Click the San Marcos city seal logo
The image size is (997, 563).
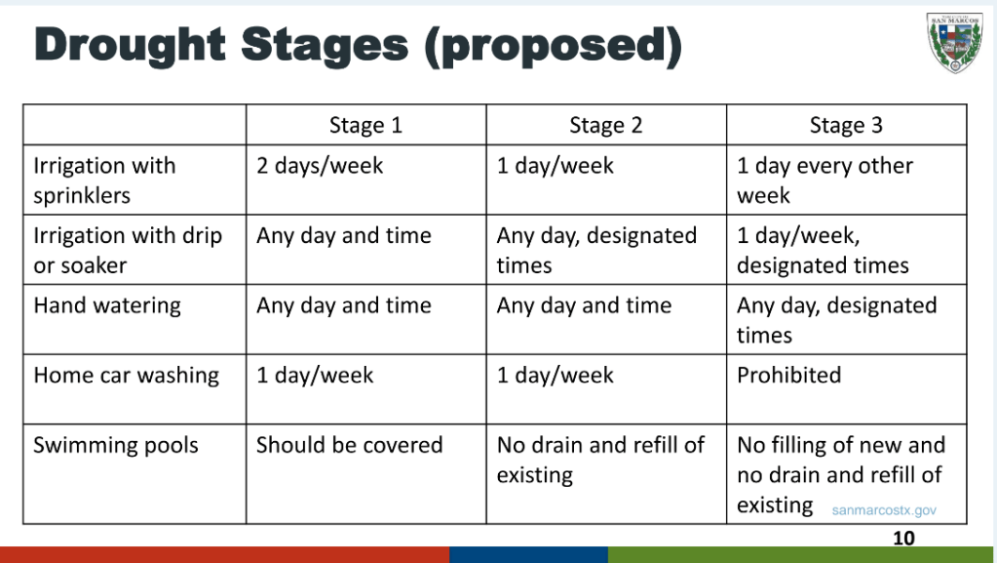tap(954, 42)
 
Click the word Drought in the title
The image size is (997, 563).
tap(130, 45)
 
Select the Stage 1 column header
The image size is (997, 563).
tap(365, 126)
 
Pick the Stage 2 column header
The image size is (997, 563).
tap(606, 126)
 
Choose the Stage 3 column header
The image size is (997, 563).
tap(846, 126)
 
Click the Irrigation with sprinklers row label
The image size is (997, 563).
tap(104, 181)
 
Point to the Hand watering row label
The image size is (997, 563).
tap(107, 305)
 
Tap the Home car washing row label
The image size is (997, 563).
tap(127, 376)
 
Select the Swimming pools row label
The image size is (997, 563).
tap(116, 445)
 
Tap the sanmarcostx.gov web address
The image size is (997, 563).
tap(884, 510)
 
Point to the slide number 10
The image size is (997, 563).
tap(903, 539)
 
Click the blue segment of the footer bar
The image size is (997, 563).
tap(528, 554)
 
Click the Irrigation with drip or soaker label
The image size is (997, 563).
tap(128, 251)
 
